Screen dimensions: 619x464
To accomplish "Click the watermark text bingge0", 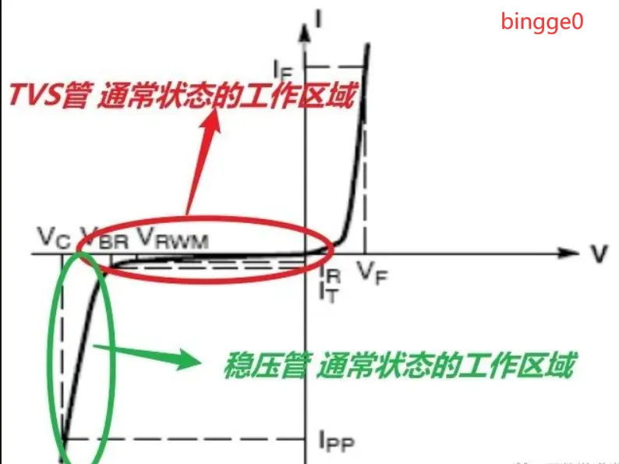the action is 541,21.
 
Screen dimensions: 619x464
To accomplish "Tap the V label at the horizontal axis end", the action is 598,253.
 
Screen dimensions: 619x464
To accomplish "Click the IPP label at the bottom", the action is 337,442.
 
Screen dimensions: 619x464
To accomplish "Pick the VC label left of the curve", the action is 55,235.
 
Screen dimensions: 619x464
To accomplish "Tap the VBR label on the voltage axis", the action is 104,237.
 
